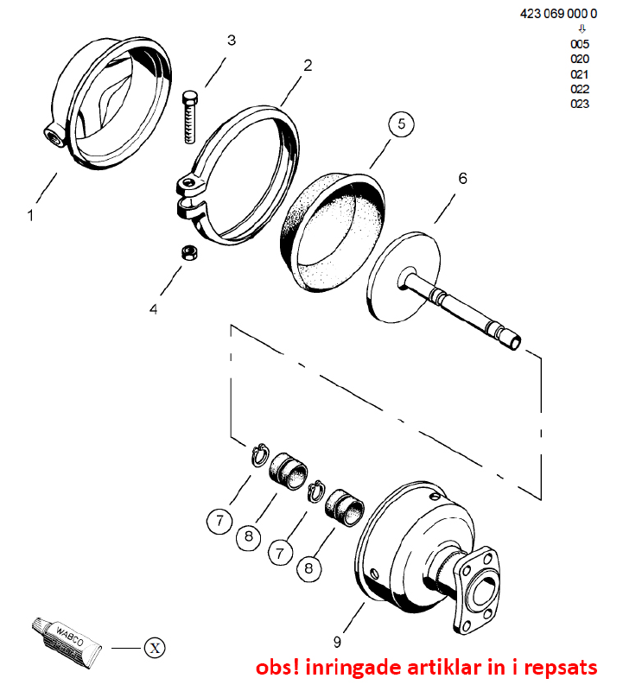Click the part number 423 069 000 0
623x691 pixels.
click(x=558, y=14)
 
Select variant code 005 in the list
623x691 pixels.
click(x=580, y=44)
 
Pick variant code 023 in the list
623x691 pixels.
click(x=580, y=104)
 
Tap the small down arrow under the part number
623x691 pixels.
click(x=582, y=29)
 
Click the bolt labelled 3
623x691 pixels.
click(x=189, y=117)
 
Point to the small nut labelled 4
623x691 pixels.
click(x=189, y=253)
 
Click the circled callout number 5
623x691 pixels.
click(x=401, y=124)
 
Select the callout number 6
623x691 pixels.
click(x=462, y=179)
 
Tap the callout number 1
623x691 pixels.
click(x=30, y=215)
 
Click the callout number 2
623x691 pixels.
click(x=308, y=66)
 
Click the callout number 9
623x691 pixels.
click(x=337, y=642)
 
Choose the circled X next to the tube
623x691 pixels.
click(x=155, y=648)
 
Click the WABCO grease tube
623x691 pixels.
click(x=67, y=642)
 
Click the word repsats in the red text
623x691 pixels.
click(x=561, y=668)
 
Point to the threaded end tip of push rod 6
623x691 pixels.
click(x=515, y=342)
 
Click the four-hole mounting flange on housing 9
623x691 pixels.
click(x=478, y=590)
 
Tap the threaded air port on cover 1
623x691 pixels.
click(x=54, y=134)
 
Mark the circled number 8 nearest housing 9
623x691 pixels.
click(x=308, y=568)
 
